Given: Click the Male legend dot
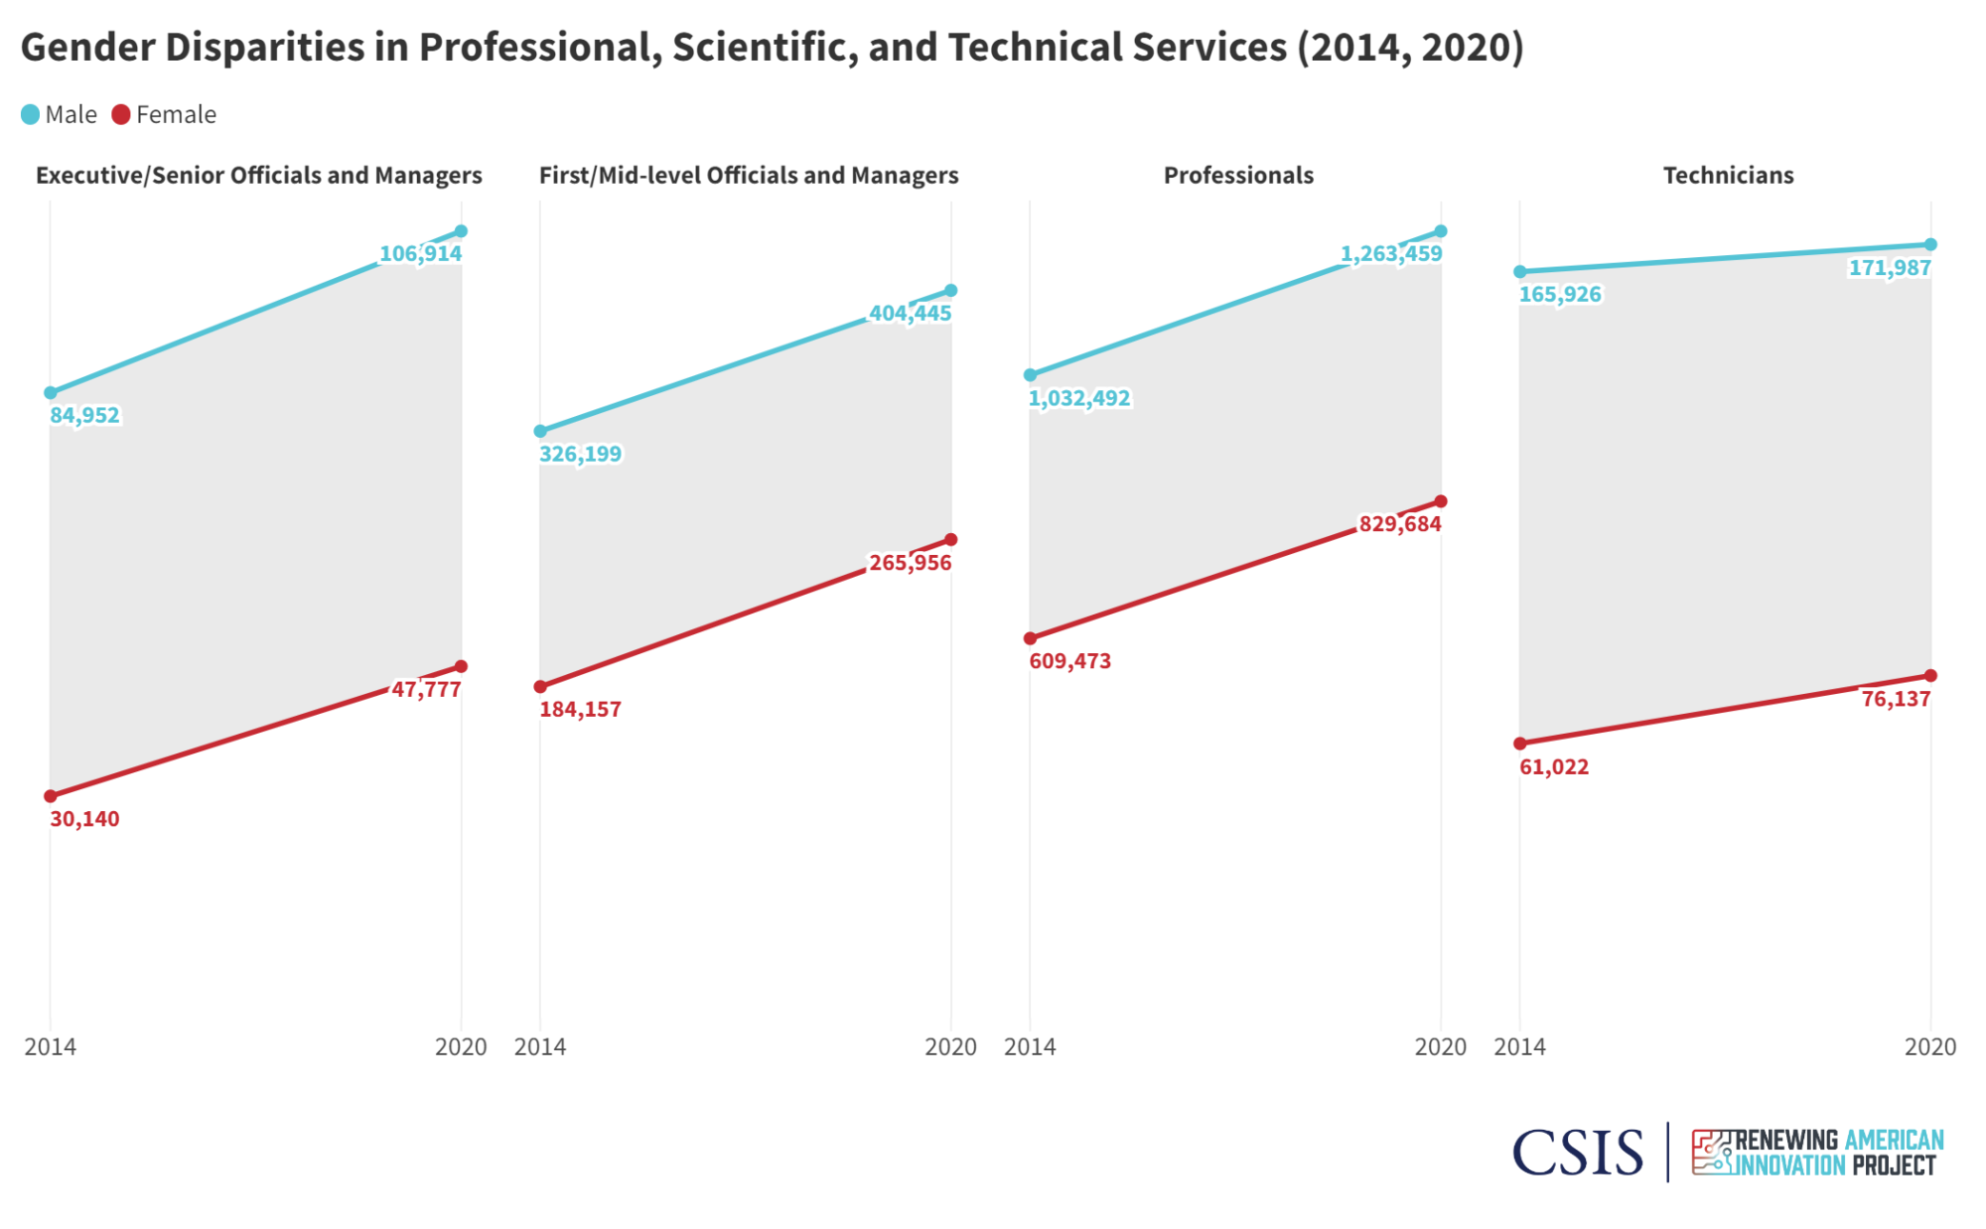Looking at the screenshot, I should (x=31, y=115).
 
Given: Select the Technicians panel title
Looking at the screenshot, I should (x=1728, y=176).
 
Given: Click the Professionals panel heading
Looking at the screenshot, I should (x=1238, y=176).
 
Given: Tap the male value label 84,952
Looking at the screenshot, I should (x=85, y=415).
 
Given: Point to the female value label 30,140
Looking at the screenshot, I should (x=85, y=819).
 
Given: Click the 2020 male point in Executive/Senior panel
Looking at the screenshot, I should (x=461, y=231).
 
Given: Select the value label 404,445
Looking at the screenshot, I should (x=910, y=314).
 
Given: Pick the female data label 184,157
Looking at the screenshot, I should (x=580, y=710).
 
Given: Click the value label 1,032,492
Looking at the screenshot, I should (x=1079, y=398).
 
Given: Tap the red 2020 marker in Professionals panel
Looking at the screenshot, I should (x=1441, y=501).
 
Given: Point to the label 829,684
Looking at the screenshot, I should (x=1399, y=524).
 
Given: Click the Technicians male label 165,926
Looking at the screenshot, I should (x=1560, y=295).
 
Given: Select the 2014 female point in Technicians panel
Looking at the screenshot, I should (x=1520, y=744).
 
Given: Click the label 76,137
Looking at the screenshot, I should (x=1896, y=699).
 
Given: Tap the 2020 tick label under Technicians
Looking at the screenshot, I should (x=1929, y=1046).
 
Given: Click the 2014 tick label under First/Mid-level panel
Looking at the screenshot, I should (x=540, y=1046).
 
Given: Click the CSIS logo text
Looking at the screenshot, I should (x=1577, y=1153).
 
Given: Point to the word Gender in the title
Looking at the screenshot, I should (x=87, y=48).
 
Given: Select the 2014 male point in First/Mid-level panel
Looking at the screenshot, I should (x=540, y=431).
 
